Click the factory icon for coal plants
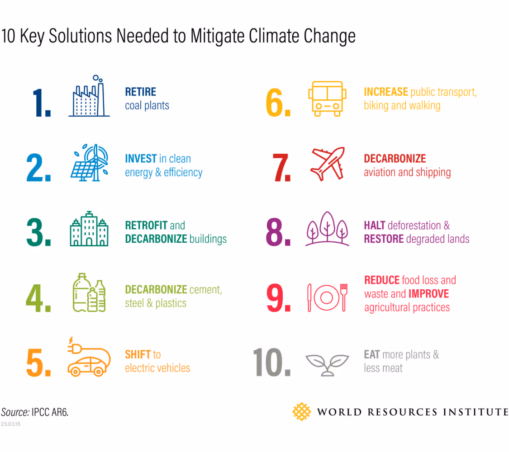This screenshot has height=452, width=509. tap(89, 98)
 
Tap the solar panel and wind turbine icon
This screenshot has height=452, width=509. tap(90, 163)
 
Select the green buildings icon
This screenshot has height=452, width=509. tap(89, 229)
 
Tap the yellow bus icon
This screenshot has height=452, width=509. tap(328, 99)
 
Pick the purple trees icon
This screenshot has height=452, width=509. tap(328, 229)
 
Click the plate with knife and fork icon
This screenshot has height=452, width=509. tap(328, 297)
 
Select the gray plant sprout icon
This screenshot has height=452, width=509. tap(328, 364)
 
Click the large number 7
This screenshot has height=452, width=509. tap(281, 167)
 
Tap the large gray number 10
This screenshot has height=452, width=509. tap(271, 363)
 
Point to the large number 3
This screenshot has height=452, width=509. tap(38, 233)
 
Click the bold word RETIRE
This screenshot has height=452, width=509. tap(141, 92)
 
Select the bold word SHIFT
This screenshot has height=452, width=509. tap(138, 354)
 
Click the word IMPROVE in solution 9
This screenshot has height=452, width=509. tap(428, 294)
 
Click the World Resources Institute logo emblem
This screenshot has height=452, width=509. tap(302, 411)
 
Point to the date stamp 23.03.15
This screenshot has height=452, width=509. tap(10, 424)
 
